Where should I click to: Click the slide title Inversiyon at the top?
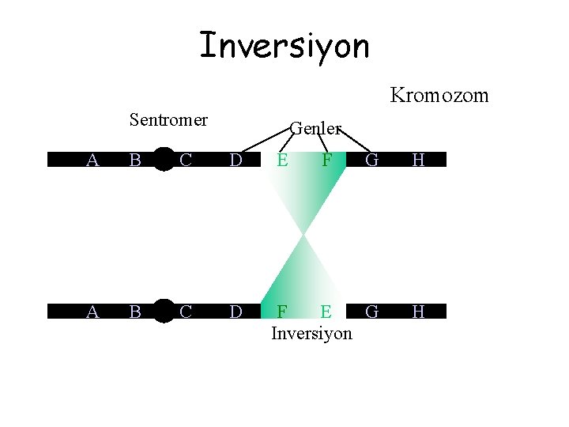point(284,46)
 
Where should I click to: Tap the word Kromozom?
point(439,96)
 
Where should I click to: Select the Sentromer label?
point(168,120)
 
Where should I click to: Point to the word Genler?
point(315,127)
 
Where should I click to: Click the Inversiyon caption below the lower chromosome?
point(311,333)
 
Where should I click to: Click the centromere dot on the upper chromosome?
point(164,160)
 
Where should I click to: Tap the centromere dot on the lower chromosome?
point(164,312)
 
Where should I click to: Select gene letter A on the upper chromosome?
point(92,161)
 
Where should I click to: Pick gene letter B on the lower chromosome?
point(135,312)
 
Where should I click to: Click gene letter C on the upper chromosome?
point(186,161)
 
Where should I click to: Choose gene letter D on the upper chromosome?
point(236,161)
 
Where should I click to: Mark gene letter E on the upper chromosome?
point(281,161)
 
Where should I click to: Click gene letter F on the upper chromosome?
point(326,161)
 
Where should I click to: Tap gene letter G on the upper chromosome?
point(371,161)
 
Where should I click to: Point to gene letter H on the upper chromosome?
point(418,161)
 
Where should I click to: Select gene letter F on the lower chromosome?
point(281,312)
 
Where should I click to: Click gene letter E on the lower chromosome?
point(326,312)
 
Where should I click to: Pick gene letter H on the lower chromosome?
point(418,312)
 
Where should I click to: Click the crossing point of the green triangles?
point(303,235)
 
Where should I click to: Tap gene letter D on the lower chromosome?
point(236,312)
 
